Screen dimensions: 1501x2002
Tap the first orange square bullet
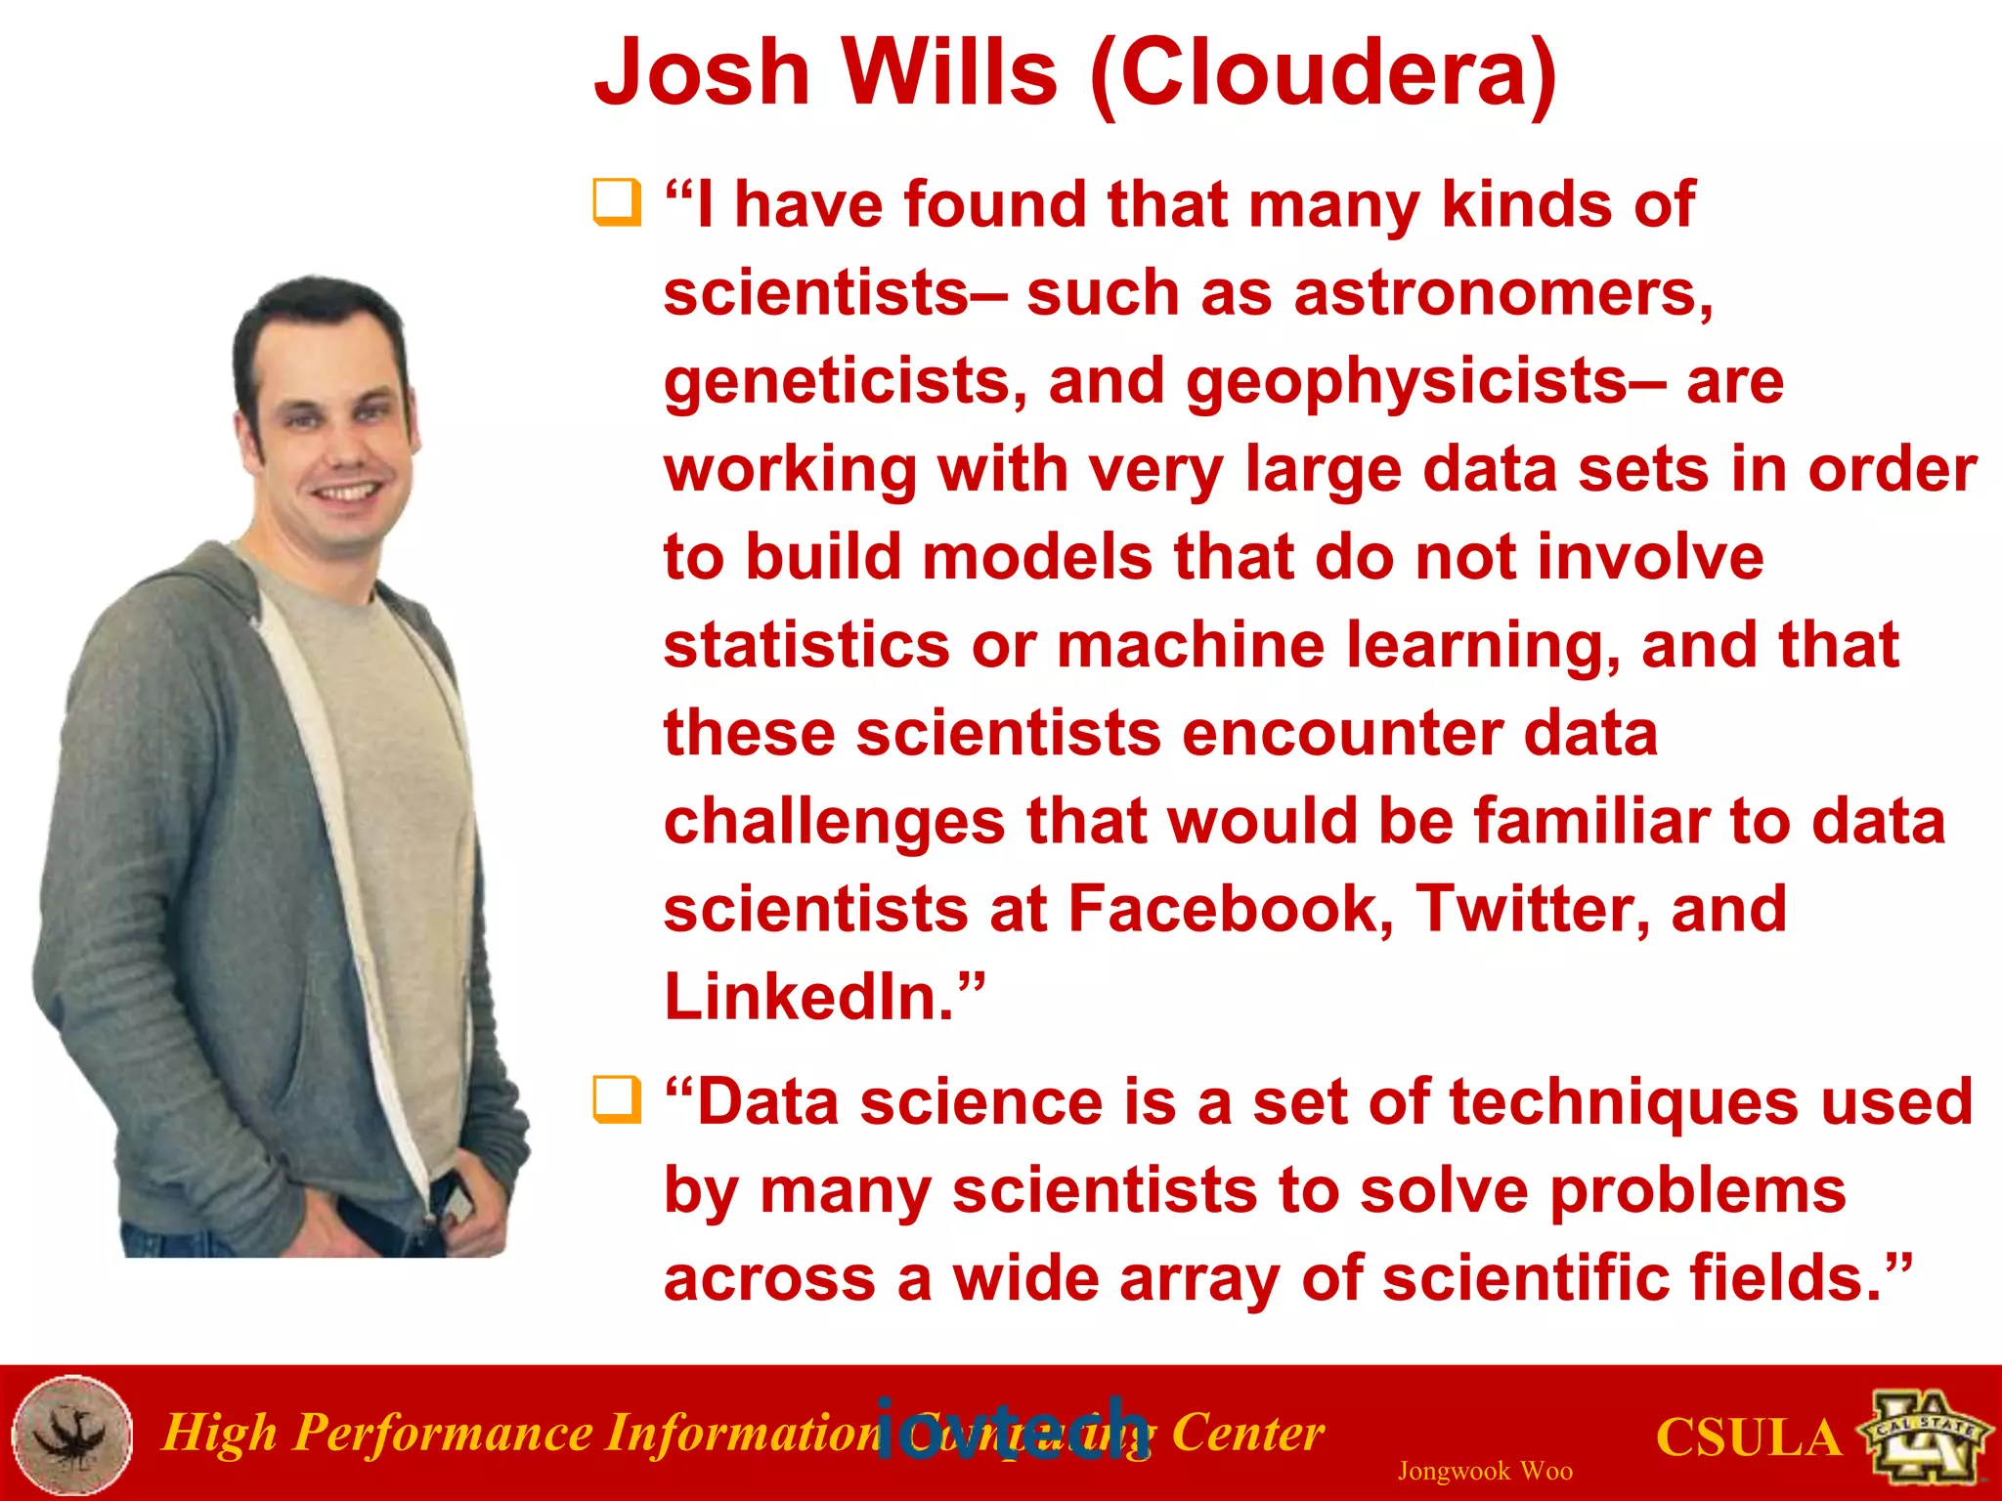click(x=617, y=202)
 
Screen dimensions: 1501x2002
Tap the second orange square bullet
click(x=617, y=1099)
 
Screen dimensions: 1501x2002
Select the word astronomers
click(x=1503, y=293)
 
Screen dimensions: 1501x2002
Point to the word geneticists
click(x=845, y=381)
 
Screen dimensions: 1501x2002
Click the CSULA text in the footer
click(x=1748, y=1438)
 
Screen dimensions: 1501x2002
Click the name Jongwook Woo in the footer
click(x=1485, y=1471)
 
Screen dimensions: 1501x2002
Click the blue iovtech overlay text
click(x=1012, y=1431)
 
